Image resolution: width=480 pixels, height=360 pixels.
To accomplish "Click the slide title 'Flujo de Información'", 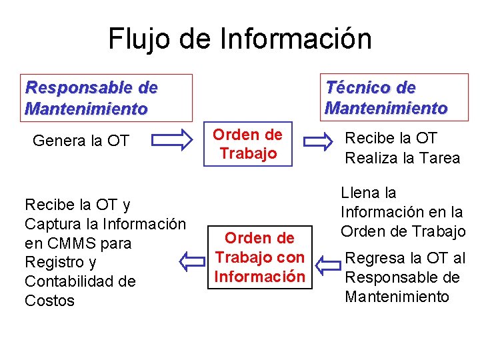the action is [x=240, y=39].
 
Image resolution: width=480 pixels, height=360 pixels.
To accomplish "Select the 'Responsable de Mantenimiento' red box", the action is [x=108, y=97].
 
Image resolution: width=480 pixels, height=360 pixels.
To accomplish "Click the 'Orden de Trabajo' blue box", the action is [x=248, y=144].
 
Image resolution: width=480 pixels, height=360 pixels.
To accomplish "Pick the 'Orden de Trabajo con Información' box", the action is [x=261, y=257].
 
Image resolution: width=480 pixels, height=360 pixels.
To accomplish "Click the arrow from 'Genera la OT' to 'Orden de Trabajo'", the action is [x=171, y=141].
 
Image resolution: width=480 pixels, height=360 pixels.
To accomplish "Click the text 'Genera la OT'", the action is [x=81, y=141].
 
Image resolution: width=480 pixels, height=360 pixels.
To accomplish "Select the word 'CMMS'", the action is [x=67, y=243].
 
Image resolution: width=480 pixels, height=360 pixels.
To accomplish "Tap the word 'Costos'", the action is [x=49, y=301].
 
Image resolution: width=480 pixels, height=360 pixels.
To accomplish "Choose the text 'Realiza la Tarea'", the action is [x=402, y=158].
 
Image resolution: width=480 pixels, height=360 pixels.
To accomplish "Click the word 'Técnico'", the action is [x=353, y=88].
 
